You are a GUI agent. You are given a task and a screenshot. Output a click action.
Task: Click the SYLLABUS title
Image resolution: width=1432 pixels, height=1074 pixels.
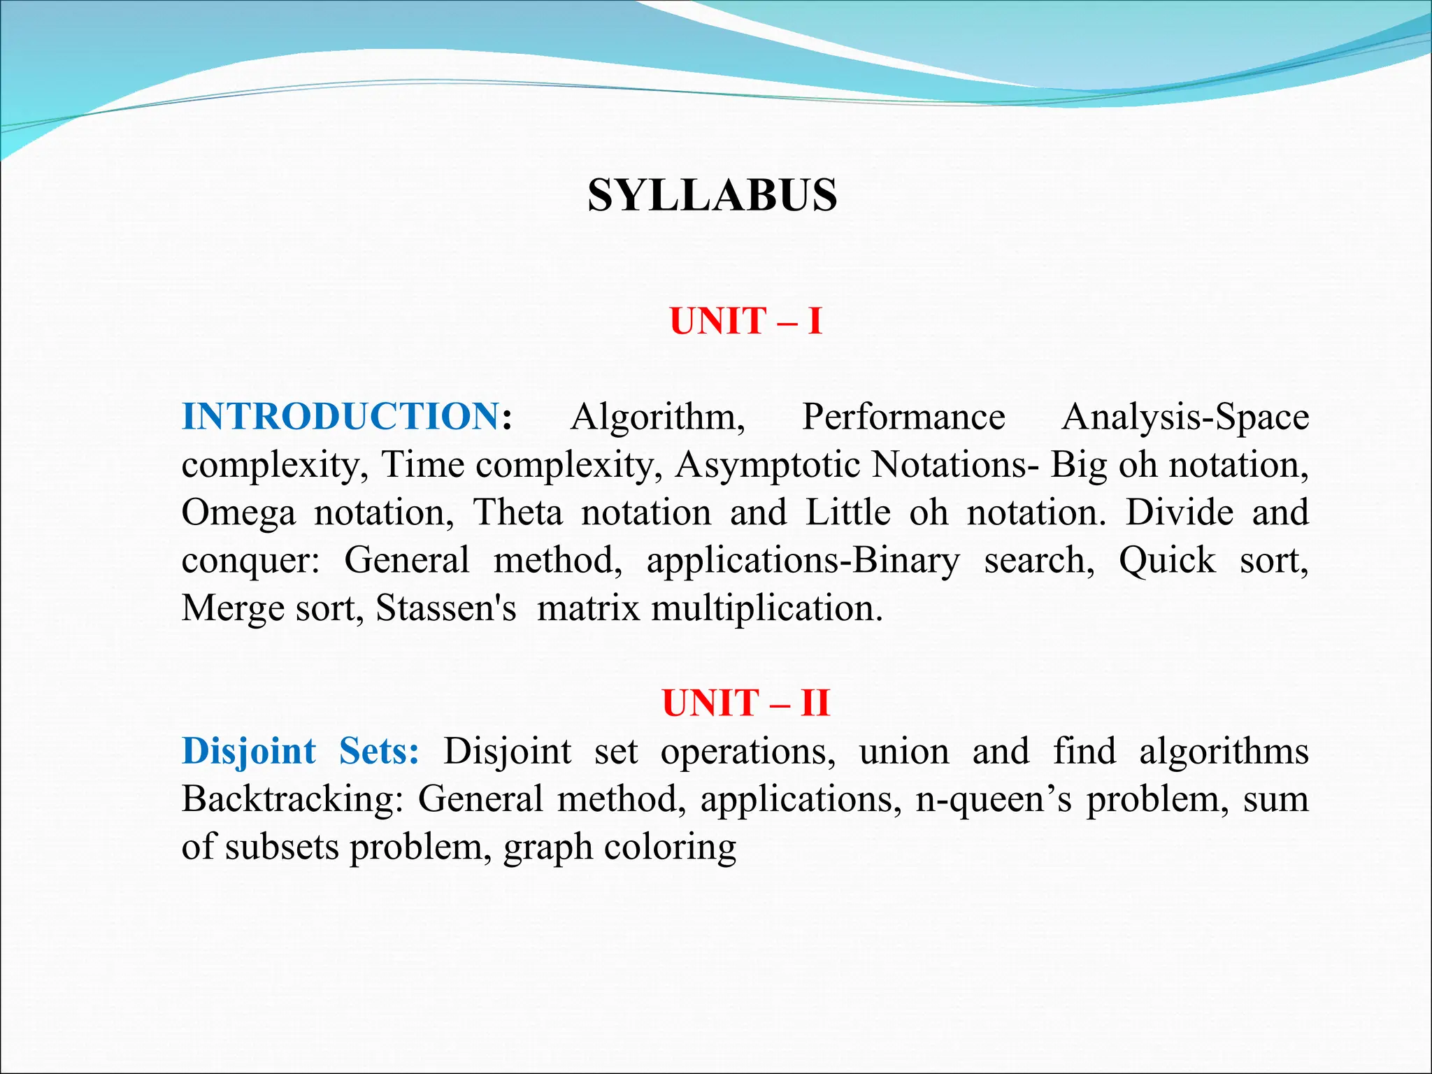pos(713,195)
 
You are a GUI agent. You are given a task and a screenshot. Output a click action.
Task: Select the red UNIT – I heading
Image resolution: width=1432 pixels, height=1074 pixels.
pos(745,322)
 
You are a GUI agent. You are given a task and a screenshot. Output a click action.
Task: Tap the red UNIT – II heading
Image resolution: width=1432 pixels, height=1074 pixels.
pos(745,703)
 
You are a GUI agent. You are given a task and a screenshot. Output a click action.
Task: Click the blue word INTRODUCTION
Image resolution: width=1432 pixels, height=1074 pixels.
pos(341,417)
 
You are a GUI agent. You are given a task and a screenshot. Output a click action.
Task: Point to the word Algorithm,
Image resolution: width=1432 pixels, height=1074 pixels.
pos(657,417)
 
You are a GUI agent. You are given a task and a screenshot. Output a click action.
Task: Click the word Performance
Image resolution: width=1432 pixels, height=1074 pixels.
pos(903,417)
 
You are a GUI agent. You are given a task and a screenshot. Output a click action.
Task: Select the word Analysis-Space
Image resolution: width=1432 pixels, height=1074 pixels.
pos(1184,417)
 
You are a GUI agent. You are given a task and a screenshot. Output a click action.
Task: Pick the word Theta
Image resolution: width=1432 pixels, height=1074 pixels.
pos(517,513)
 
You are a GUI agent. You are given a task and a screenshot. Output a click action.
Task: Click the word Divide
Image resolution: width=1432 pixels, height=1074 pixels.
pos(1179,513)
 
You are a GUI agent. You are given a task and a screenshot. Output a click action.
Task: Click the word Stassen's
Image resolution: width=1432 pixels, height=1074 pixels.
pos(446,608)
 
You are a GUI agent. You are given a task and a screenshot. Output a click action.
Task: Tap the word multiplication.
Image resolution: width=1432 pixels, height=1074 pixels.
pos(767,608)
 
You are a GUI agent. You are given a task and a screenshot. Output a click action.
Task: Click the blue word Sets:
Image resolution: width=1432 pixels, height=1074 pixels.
pos(378,752)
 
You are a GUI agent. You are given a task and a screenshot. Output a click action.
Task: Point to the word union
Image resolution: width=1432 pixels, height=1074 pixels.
pos(903,752)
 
